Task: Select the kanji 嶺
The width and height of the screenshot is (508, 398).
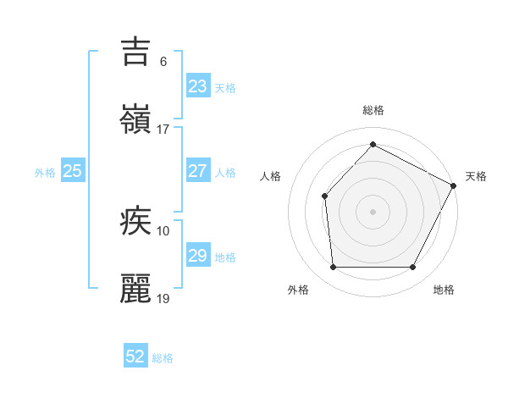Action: click(x=136, y=119)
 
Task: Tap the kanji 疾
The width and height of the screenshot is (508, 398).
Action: click(x=136, y=221)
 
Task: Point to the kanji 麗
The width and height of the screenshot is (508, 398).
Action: click(x=136, y=289)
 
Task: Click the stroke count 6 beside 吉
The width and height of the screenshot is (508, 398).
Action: click(x=163, y=61)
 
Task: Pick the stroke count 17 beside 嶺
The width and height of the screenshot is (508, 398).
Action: click(x=163, y=130)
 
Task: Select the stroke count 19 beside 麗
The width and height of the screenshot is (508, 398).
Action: click(x=163, y=299)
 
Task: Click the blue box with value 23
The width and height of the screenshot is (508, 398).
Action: click(x=197, y=86)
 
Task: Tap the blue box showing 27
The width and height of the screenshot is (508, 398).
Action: click(x=197, y=171)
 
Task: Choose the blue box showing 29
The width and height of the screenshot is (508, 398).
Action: click(x=197, y=256)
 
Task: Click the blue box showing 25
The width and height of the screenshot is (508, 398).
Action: click(x=72, y=171)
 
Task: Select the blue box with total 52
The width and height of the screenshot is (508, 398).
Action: click(x=135, y=357)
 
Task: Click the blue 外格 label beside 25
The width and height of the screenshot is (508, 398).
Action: click(x=45, y=172)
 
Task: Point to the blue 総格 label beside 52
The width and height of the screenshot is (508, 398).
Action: click(x=163, y=358)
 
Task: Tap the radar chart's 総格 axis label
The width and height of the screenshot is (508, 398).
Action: click(x=373, y=110)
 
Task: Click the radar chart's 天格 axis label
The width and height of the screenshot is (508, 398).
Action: click(x=476, y=176)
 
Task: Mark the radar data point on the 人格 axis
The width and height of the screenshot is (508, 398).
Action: click(x=325, y=196)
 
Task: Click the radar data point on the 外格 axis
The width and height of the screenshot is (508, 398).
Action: click(x=333, y=268)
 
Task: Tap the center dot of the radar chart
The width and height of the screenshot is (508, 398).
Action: click(x=373, y=212)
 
